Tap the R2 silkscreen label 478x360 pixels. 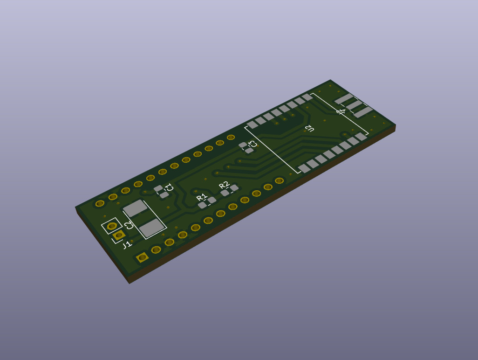(224, 185)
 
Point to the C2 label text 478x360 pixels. (129, 225)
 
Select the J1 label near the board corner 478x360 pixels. (127, 245)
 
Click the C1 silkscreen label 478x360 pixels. (170, 188)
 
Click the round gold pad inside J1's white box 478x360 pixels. (112, 227)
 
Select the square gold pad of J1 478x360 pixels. (119, 235)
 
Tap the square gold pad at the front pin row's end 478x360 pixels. (143, 257)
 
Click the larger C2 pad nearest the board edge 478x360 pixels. (151, 228)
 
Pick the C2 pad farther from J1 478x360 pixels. (135, 208)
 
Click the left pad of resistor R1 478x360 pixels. (202, 205)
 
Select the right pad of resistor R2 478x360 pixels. (234, 187)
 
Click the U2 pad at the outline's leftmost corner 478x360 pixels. (252, 125)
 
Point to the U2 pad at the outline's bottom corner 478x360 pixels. (303, 168)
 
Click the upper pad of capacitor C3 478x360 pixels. (243, 145)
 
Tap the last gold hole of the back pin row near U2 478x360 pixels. (231, 138)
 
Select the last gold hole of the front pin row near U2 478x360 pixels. (279, 180)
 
